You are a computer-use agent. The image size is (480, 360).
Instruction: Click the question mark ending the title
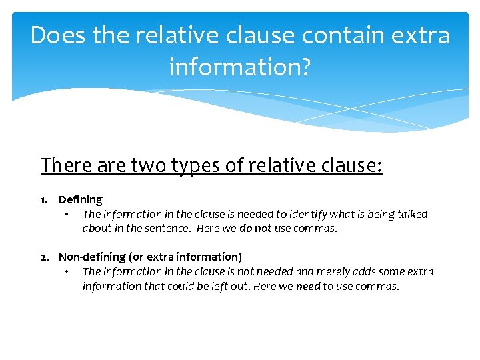(x=304, y=67)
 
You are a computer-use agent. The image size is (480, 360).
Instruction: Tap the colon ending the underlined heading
(x=381, y=165)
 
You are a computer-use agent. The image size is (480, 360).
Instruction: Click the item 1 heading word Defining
(x=81, y=199)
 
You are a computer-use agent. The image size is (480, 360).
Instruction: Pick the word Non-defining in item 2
(x=92, y=257)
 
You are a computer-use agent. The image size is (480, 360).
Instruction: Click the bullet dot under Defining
(x=67, y=215)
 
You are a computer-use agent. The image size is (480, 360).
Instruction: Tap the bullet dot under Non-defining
(x=67, y=272)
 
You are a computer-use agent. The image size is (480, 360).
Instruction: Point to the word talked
(x=411, y=214)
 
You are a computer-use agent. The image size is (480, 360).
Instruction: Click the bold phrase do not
(x=255, y=229)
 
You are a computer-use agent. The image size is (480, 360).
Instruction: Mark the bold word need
(x=308, y=286)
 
